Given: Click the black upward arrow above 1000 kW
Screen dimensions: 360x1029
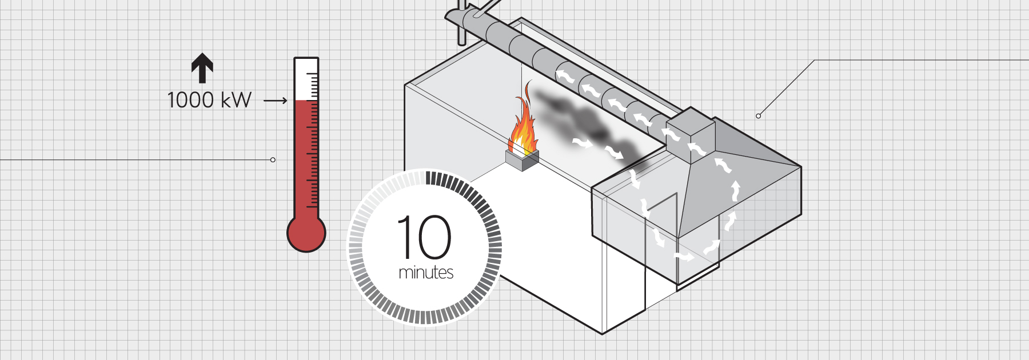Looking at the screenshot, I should [x=202, y=68].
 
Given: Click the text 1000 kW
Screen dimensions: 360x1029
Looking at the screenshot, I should [x=209, y=101].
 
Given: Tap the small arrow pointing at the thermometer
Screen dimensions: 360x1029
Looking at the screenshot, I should [x=275, y=101].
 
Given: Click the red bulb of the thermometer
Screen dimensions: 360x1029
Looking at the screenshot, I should [x=306, y=233].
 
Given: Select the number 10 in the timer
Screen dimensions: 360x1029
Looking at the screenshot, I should [x=424, y=237].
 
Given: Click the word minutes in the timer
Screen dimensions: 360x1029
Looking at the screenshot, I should [x=426, y=273].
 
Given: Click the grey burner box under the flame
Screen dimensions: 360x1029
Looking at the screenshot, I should [x=522, y=161].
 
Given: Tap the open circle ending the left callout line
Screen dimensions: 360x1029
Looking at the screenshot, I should [x=273, y=159].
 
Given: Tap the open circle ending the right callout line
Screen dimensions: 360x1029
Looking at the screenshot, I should [x=759, y=116].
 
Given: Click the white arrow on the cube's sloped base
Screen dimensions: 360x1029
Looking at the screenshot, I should [x=696, y=150].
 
